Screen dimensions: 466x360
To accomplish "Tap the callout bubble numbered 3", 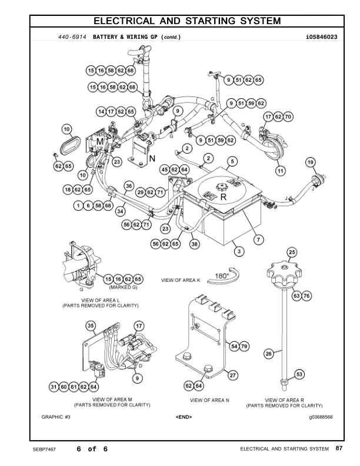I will (238, 252).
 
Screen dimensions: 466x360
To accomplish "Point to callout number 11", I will (280, 171).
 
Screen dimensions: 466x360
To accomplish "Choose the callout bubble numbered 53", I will (299, 374).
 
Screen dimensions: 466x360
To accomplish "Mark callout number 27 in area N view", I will (233, 375).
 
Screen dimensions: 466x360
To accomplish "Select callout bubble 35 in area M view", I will (91, 325).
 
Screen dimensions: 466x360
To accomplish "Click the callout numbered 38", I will (194, 243).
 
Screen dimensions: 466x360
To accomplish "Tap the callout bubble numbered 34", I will (120, 210).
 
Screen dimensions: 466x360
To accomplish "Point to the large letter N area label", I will (151, 158).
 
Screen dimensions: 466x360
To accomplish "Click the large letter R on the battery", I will (223, 198).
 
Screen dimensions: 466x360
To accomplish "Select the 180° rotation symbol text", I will (222, 275).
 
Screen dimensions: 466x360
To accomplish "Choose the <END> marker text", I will (184, 417).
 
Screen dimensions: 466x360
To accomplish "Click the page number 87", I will (339, 449).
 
